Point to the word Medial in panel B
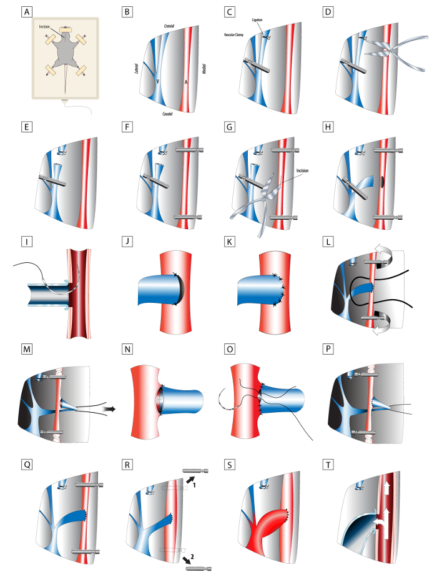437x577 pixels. [204, 69]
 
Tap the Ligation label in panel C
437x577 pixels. [258, 21]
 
